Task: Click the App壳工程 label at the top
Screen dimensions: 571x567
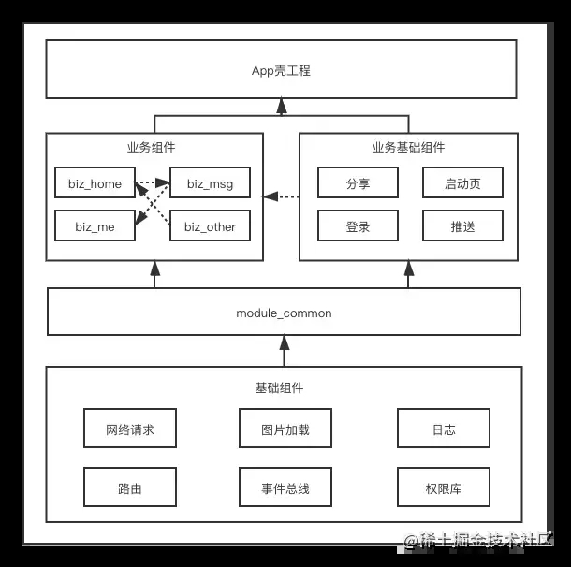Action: tap(281, 70)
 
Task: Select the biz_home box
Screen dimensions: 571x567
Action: tap(95, 182)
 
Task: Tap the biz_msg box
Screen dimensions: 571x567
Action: tap(210, 182)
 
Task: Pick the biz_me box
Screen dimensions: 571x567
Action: tap(95, 225)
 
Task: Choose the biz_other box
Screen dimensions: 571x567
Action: tap(210, 225)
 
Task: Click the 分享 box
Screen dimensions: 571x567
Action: tap(358, 182)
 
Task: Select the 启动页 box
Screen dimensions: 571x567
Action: tap(462, 182)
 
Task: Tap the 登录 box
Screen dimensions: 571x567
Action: tap(358, 225)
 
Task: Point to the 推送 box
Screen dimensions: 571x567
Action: tap(462, 225)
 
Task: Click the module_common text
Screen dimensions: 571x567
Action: tap(284, 313)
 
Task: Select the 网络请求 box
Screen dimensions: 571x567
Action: tap(130, 428)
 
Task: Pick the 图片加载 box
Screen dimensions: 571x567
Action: tap(285, 428)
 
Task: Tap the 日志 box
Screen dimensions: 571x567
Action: tap(444, 428)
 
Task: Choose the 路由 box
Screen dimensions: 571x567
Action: tap(130, 487)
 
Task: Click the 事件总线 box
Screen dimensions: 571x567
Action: tap(285, 487)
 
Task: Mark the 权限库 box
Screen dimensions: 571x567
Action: tap(444, 487)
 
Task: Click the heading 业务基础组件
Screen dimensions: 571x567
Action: tap(408, 148)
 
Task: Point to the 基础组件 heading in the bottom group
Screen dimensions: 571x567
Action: tap(279, 387)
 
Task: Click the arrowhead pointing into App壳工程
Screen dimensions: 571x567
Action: tap(282, 106)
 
